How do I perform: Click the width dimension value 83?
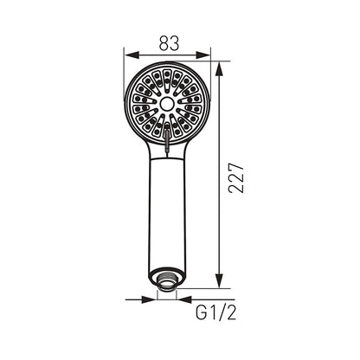click(169, 43)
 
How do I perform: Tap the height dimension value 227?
click(236, 178)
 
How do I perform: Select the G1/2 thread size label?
click(215, 312)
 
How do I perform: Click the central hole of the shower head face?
click(166, 104)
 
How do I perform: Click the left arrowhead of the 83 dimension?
click(132, 55)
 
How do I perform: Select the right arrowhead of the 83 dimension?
click(203, 55)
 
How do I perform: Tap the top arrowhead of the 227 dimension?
click(220, 69)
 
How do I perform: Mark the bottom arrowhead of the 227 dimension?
click(220, 280)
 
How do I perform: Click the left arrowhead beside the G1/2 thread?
click(149, 299)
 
